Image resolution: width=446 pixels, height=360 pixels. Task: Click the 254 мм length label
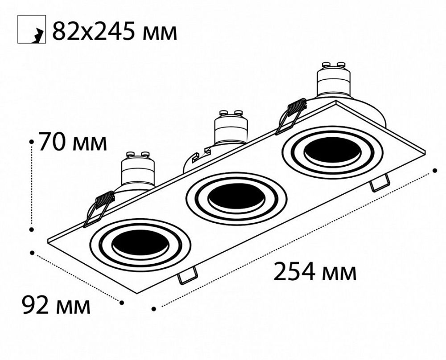pyautogui.click(x=315, y=272)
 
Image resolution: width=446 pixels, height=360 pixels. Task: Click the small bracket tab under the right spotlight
pyautogui.click(x=379, y=183)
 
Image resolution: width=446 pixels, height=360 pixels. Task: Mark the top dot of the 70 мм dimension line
pyautogui.click(x=32, y=142)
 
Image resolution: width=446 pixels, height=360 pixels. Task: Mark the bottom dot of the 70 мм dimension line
pyautogui.click(x=32, y=229)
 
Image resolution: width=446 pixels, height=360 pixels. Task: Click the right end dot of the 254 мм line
pyautogui.click(x=436, y=170)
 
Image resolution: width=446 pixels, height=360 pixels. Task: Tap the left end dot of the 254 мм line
pyautogui.click(x=153, y=308)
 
